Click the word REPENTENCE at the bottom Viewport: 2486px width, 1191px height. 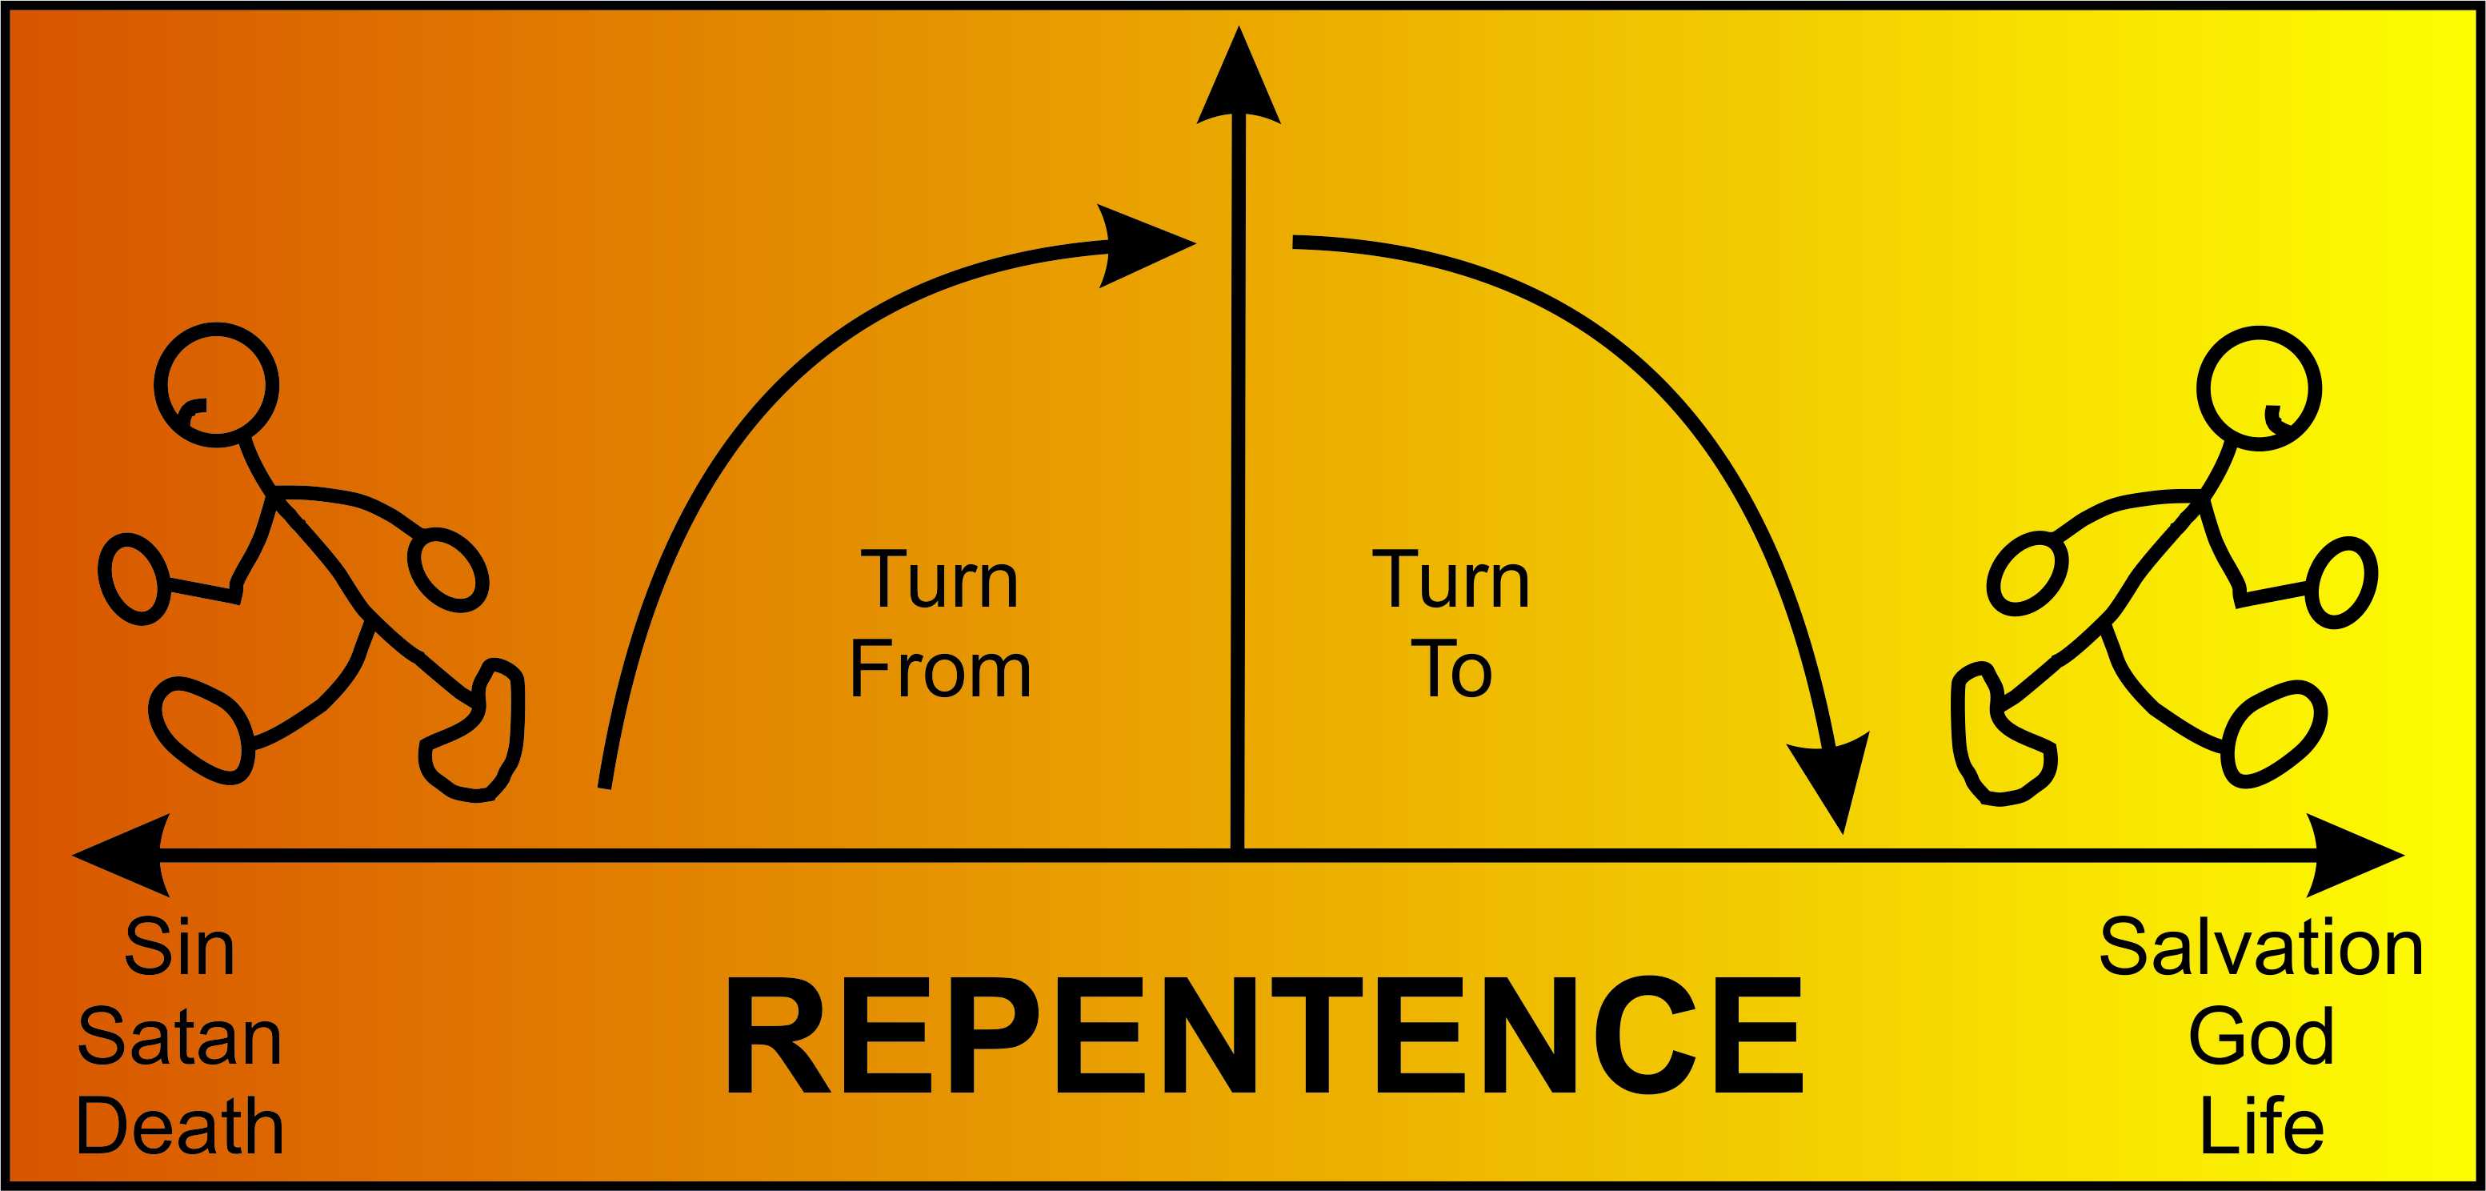1264,1035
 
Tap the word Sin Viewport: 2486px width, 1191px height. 179,948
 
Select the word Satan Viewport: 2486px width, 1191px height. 179,1037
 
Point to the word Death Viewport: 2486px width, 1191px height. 179,1126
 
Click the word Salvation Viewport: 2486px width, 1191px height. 2261,948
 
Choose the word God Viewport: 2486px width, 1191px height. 2261,1037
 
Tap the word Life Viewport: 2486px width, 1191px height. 2261,1126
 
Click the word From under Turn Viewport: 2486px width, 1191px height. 940,669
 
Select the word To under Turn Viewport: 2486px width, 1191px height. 1451,669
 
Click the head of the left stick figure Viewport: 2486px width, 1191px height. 217,384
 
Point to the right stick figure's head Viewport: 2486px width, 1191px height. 2260,388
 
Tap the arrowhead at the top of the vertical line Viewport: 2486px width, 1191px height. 1238,82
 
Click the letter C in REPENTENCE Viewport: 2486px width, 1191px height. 1647,1035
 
